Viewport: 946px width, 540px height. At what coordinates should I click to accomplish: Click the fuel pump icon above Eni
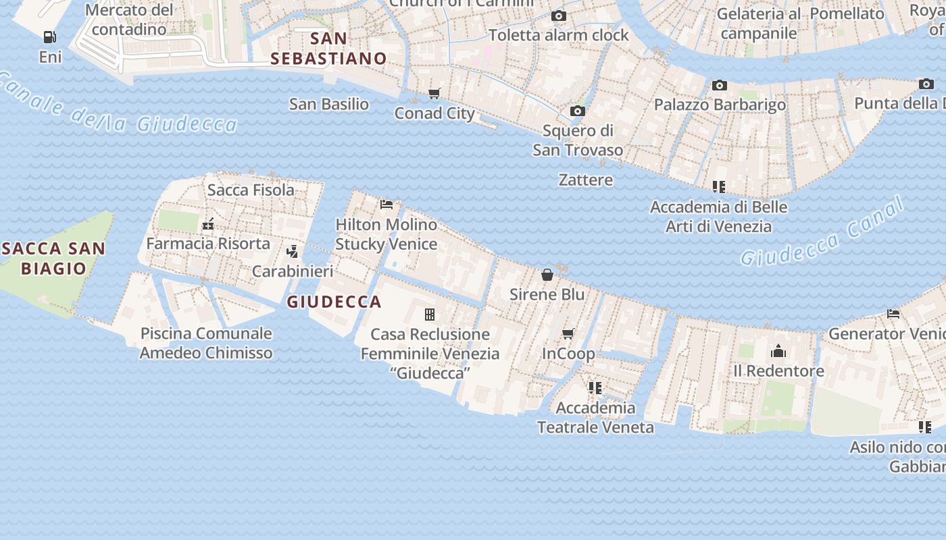pyautogui.click(x=49, y=37)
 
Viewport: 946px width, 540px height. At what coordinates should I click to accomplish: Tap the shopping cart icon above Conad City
pyautogui.click(x=434, y=93)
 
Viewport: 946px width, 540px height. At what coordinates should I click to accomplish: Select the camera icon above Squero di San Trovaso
pyautogui.click(x=577, y=111)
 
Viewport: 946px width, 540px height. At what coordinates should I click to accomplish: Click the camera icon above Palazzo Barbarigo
pyautogui.click(x=719, y=85)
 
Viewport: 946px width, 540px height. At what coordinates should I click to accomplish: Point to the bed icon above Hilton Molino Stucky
pyautogui.click(x=387, y=204)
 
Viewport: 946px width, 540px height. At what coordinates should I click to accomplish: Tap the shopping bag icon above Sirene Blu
pyautogui.click(x=547, y=275)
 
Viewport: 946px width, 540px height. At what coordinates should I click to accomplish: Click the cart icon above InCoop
pyautogui.click(x=568, y=334)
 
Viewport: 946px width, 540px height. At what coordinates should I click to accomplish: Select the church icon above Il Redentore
pyautogui.click(x=778, y=351)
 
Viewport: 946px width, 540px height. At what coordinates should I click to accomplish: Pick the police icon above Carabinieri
pyautogui.click(x=293, y=252)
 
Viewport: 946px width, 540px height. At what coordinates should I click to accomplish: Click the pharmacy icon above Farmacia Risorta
pyautogui.click(x=208, y=223)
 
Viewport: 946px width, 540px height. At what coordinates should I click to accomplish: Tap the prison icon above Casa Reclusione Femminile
pyautogui.click(x=429, y=314)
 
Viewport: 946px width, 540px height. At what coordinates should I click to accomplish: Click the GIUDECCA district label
pyautogui.click(x=334, y=302)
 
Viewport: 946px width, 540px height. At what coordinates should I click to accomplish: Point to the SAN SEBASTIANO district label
pyautogui.click(x=329, y=49)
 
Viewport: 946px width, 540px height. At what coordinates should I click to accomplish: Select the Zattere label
pyautogui.click(x=586, y=180)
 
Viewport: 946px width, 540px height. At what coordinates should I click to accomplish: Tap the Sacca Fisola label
pyautogui.click(x=251, y=190)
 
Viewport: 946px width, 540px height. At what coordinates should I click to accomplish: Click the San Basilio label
pyautogui.click(x=329, y=104)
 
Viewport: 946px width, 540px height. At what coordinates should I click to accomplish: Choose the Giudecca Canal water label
pyautogui.click(x=822, y=231)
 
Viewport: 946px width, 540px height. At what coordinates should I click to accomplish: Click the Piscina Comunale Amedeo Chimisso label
pyautogui.click(x=206, y=343)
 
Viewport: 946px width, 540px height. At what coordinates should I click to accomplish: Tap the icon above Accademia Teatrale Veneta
pyautogui.click(x=595, y=387)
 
